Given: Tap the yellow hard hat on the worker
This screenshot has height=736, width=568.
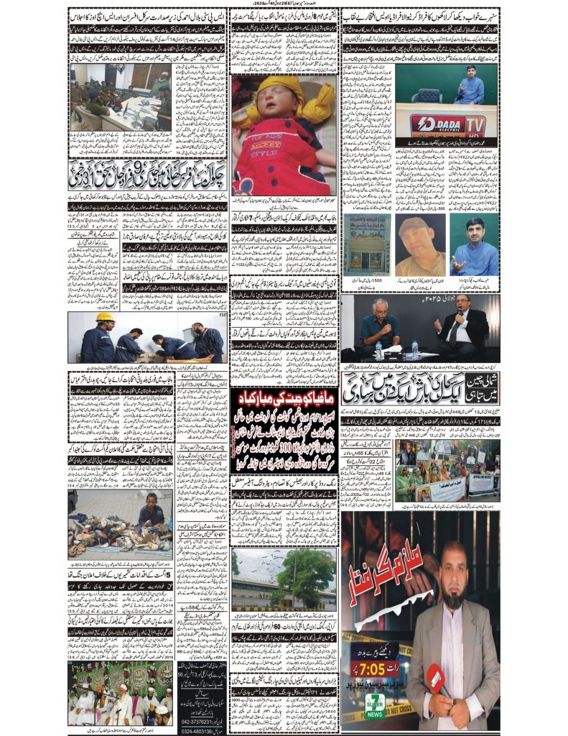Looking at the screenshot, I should coord(106,317).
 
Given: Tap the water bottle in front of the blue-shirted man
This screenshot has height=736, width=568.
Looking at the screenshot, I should coord(379,350).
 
